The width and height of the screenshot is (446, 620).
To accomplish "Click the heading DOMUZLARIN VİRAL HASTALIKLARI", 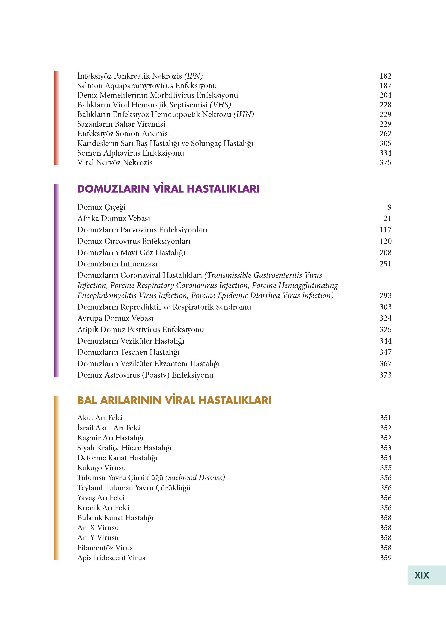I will click(168, 189).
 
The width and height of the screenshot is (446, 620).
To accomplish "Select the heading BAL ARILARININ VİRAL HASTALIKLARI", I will click(174, 400).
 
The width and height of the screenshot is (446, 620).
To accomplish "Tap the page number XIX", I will click(422, 575).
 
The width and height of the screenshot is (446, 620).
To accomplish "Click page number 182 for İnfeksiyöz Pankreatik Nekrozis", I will click(385, 76).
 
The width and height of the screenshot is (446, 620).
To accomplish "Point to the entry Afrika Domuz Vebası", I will click(113, 218).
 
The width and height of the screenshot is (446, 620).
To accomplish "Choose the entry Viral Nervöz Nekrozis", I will click(115, 163).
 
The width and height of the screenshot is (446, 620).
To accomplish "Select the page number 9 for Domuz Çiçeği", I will click(389, 207).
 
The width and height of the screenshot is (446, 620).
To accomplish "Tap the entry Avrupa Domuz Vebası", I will click(115, 318).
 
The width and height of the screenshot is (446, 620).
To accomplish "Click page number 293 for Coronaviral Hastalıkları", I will click(385, 296).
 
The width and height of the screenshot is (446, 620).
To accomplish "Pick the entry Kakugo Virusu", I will click(101, 468).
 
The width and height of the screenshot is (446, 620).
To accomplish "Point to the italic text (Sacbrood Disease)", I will click(195, 478).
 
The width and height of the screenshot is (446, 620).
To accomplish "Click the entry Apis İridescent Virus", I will click(111, 558).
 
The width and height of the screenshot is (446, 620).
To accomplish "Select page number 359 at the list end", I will click(385, 558).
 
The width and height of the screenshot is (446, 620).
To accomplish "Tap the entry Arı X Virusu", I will click(98, 528).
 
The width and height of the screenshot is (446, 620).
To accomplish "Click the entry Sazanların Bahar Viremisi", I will click(121, 124).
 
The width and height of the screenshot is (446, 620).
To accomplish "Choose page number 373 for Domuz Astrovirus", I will click(385, 375).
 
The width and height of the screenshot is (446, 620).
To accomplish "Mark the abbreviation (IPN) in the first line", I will click(193, 76).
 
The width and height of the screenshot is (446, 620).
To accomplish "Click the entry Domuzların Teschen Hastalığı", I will click(128, 352).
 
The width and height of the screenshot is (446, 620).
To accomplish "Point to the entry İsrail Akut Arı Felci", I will click(109, 428).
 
